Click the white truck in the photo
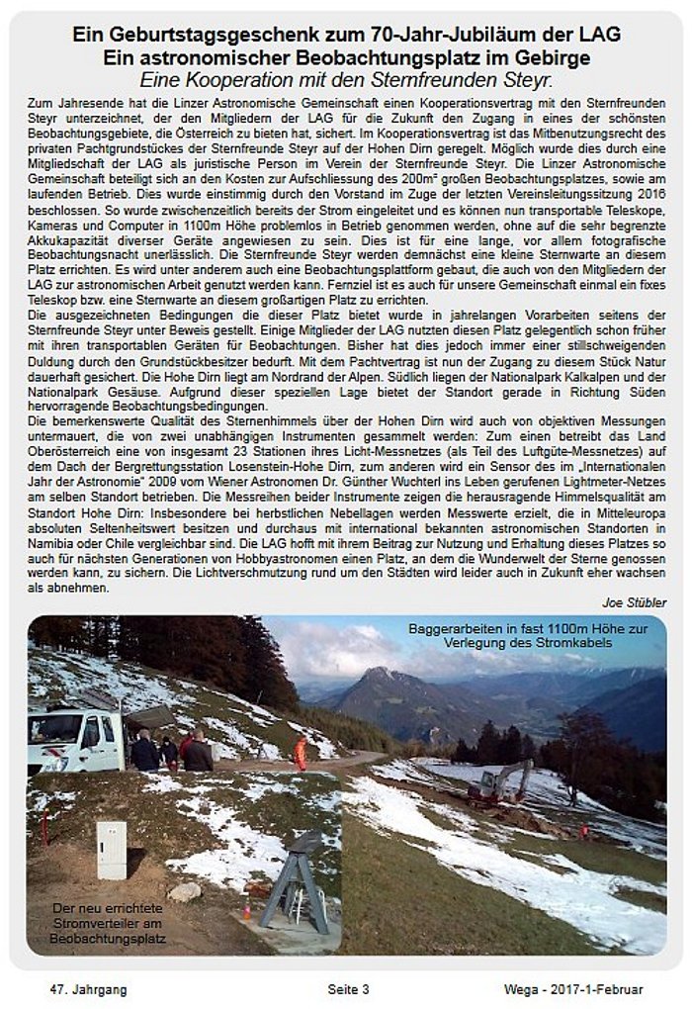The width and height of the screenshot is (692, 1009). pos(75,740)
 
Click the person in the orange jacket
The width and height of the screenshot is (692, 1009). pos(300,753)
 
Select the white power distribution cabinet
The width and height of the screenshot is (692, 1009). pos(112,850)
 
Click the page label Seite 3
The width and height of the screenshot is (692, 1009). pos(348,988)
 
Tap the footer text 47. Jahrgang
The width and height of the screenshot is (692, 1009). pos(88,988)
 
